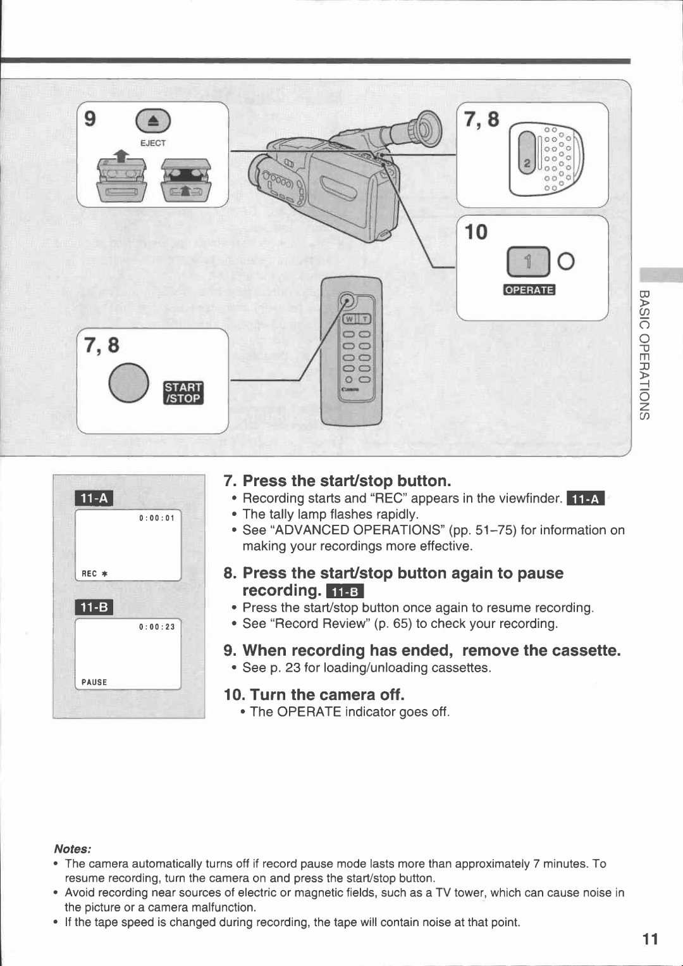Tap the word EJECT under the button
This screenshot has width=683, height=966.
coord(153,143)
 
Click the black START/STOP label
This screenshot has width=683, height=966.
coord(183,393)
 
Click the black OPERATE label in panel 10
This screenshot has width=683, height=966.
coord(529,290)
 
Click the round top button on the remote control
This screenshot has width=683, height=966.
coord(347,300)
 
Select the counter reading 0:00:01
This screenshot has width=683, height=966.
coord(157,518)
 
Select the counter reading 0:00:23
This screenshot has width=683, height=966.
coord(157,627)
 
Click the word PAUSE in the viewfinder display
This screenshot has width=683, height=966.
coord(94,682)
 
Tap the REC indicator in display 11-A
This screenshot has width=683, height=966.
coord(94,574)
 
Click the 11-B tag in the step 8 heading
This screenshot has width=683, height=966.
coord(345,592)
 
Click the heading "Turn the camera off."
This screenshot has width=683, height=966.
coord(314,694)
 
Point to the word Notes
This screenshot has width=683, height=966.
coord(72,849)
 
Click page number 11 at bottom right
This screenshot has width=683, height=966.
coord(650,939)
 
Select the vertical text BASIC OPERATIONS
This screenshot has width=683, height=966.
coord(644,354)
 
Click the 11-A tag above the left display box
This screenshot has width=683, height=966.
coord(94,499)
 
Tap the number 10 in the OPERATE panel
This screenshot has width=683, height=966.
coord(476,232)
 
